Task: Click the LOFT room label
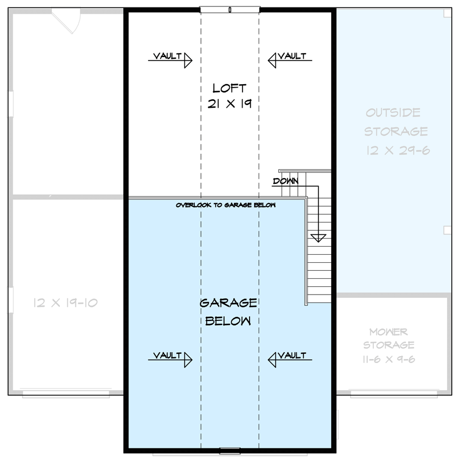[229, 88]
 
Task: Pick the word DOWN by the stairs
[286, 181]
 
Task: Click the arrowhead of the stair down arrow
[317, 237]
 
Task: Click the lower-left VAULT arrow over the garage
[170, 357]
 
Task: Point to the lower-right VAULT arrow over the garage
[289, 357]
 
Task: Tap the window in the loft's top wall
[229, 9]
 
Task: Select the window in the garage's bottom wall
[229, 449]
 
